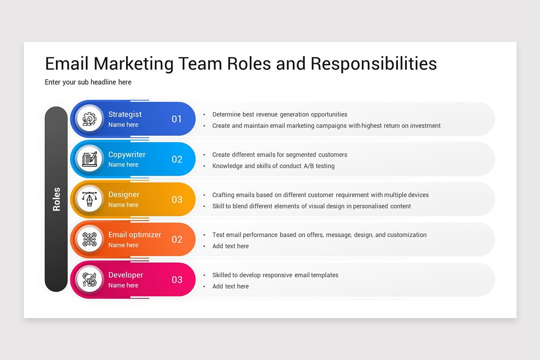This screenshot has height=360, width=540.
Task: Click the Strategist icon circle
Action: pos(90,119)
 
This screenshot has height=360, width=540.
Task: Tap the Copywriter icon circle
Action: pos(90,159)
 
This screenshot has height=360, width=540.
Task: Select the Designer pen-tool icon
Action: pos(90,199)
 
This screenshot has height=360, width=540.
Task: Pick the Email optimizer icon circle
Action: pos(90,239)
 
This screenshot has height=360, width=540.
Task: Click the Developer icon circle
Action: pos(90,279)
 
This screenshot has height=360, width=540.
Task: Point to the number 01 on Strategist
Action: pos(177,119)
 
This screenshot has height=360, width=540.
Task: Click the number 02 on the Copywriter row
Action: pos(177,159)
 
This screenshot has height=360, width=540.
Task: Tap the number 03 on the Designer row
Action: pos(177,199)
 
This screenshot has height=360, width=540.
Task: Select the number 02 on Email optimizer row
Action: pos(177,239)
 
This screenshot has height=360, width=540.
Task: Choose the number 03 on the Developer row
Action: pos(177,279)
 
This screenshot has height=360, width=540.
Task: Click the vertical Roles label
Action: pos(56,199)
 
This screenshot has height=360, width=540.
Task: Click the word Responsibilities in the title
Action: pos(373,64)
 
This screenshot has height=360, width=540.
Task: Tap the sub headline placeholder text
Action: pos(88,82)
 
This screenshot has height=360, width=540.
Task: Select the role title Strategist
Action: pos(125,114)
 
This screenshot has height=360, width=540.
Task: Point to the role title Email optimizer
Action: pos(135,234)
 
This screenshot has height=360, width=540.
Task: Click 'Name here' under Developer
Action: pos(123,285)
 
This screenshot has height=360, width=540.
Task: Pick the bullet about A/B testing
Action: pos(273,166)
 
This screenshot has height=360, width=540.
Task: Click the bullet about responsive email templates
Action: pos(275,275)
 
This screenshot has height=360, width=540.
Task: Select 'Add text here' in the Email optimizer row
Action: pos(230,246)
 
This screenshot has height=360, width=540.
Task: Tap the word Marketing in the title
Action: pos(134,64)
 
